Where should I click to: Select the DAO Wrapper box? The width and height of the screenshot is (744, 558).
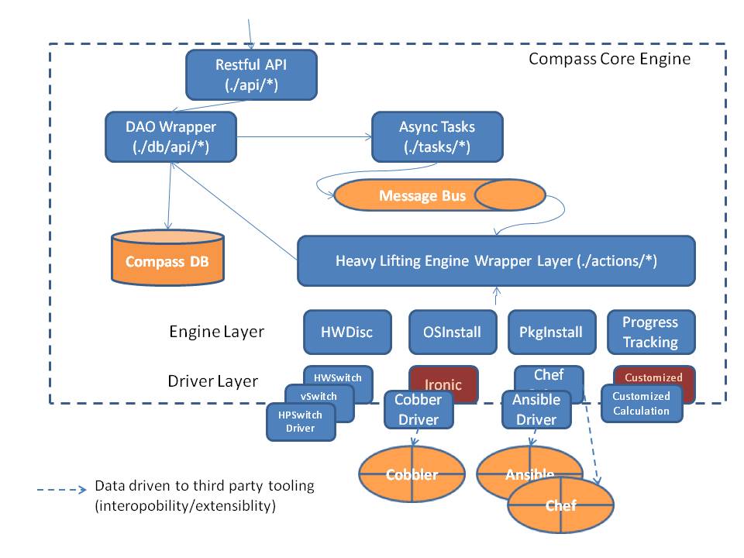171,136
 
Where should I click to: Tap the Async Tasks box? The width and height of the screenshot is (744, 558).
437,136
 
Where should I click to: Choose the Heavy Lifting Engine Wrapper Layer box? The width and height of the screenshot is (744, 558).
496,261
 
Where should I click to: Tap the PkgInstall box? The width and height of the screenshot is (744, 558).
552,332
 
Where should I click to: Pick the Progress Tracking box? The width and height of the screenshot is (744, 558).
649,332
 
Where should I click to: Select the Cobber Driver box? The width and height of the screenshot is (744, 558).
418,410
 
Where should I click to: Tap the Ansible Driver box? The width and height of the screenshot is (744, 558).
536,410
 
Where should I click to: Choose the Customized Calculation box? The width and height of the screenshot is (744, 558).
642,404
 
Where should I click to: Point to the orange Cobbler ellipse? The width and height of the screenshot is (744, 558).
412,474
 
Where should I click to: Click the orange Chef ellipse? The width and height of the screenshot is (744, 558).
560,506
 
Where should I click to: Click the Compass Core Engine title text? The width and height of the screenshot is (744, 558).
608,59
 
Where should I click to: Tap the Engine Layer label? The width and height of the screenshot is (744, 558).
216,332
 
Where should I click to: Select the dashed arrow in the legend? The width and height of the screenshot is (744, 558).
61,490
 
